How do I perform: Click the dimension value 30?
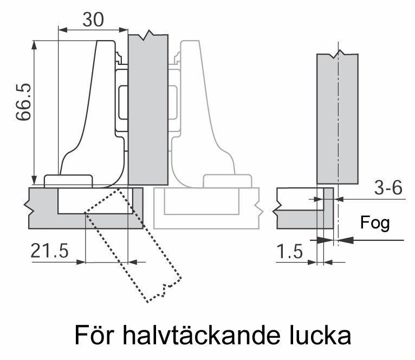point(93,19)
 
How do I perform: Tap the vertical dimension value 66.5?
point(23,102)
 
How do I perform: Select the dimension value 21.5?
point(49,251)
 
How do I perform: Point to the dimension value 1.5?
point(289,251)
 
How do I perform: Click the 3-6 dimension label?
point(388,187)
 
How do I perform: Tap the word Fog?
point(375,223)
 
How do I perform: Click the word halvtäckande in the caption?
point(202,335)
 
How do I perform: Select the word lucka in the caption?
point(321,335)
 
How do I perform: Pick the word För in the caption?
point(94,335)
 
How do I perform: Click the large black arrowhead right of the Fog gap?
point(346,240)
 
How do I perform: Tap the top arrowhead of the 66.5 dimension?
point(34,45)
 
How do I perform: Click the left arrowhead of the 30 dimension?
point(62,30)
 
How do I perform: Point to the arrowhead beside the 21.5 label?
point(81,262)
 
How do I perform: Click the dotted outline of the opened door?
point(133,245)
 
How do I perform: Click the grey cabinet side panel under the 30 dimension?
point(148,110)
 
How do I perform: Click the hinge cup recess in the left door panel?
point(95,201)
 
